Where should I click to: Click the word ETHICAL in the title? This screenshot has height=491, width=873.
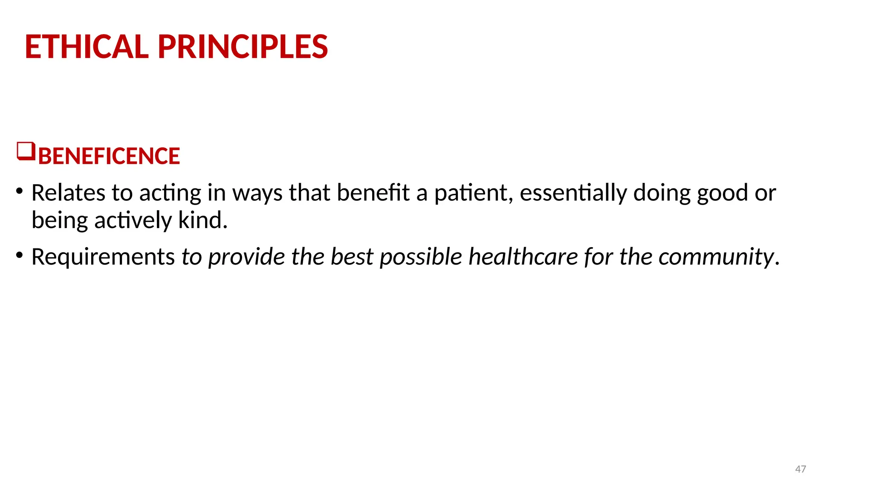[x=87, y=46]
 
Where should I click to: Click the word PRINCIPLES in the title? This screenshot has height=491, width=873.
[x=243, y=46]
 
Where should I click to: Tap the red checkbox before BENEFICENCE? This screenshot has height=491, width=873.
[x=26, y=151]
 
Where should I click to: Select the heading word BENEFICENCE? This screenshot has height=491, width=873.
[x=109, y=156]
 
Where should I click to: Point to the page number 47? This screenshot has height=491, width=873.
[x=801, y=469]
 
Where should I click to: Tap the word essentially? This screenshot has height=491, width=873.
[x=573, y=193]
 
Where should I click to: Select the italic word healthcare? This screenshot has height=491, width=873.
[x=523, y=257]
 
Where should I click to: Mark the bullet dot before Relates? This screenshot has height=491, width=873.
[x=19, y=191]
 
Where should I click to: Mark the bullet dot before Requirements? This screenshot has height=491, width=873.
[x=19, y=255]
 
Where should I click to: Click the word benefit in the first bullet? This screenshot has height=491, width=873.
[x=373, y=193]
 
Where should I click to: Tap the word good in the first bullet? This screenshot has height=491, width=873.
[x=723, y=194]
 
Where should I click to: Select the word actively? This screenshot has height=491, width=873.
[x=133, y=221]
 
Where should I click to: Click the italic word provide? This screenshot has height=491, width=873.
[x=246, y=257]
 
